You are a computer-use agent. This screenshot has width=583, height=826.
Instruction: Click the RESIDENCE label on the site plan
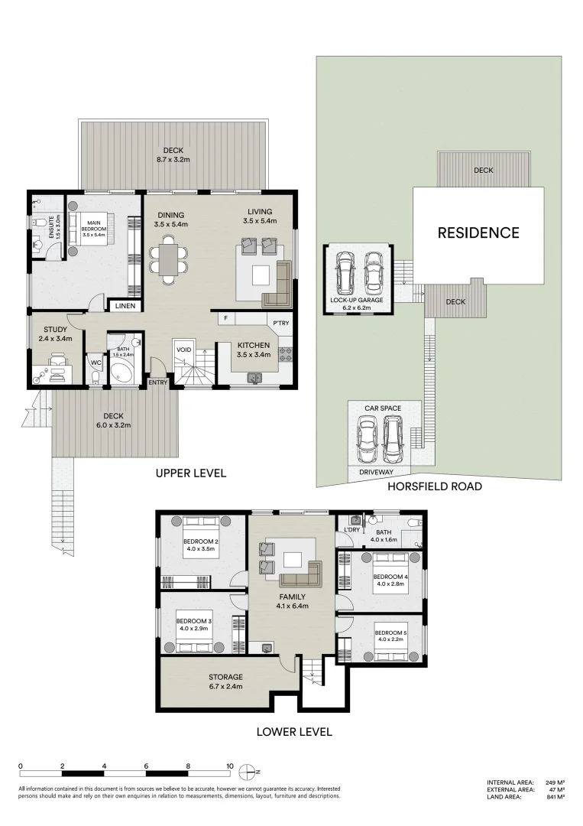coord(478,233)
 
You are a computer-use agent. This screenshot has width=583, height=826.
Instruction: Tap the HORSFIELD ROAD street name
coord(434,486)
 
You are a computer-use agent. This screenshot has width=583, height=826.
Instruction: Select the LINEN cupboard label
coord(125,306)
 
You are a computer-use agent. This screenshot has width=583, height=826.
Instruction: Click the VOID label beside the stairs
coord(183,350)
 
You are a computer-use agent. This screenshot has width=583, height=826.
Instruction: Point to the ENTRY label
coord(158,382)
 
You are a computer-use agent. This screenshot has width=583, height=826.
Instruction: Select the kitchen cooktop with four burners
coord(286,354)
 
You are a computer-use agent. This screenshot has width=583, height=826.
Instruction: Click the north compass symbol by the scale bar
coord(246,770)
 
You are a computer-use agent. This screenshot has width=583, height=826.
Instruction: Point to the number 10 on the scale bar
coord(229,765)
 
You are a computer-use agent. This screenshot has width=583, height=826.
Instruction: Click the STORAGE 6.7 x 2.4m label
coord(225,681)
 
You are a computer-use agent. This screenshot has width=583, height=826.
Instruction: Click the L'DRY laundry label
coord(352,529)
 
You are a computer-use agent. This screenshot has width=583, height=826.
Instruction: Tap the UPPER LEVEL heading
coord(190,473)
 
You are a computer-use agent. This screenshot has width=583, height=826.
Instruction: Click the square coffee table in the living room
coord(262,274)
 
